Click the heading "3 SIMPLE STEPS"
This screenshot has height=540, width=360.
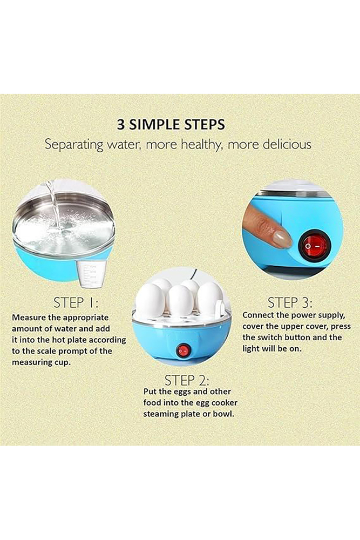pos(171,124)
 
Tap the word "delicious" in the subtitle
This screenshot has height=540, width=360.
pos(287,144)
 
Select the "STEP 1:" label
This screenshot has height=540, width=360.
pos(76,303)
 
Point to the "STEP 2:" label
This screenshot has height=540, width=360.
pos(187,380)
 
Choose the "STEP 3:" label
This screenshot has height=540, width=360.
pos(290,303)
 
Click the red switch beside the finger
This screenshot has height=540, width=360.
pos(314,247)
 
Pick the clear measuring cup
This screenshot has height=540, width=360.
pos(92,274)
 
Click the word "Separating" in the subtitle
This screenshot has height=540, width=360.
pos(74,145)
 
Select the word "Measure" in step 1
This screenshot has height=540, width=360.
pos(28,318)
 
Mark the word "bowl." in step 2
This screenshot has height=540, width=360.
pos(223,414)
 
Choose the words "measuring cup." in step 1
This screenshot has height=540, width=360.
pos(42,363)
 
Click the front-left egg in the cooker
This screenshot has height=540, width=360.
pos(151,300)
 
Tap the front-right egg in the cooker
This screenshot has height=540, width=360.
pos(209,298)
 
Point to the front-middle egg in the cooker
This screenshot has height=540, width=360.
pos(181,301)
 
